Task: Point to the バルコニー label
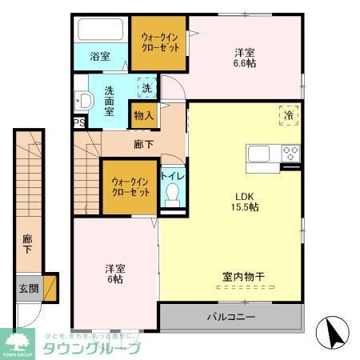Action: tap(231, 317)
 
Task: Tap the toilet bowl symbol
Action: tap(171, 194)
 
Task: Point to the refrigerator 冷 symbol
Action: tap(289, 115)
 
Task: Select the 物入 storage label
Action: tap(143, 115)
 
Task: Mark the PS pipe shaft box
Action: tap(78, 122)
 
